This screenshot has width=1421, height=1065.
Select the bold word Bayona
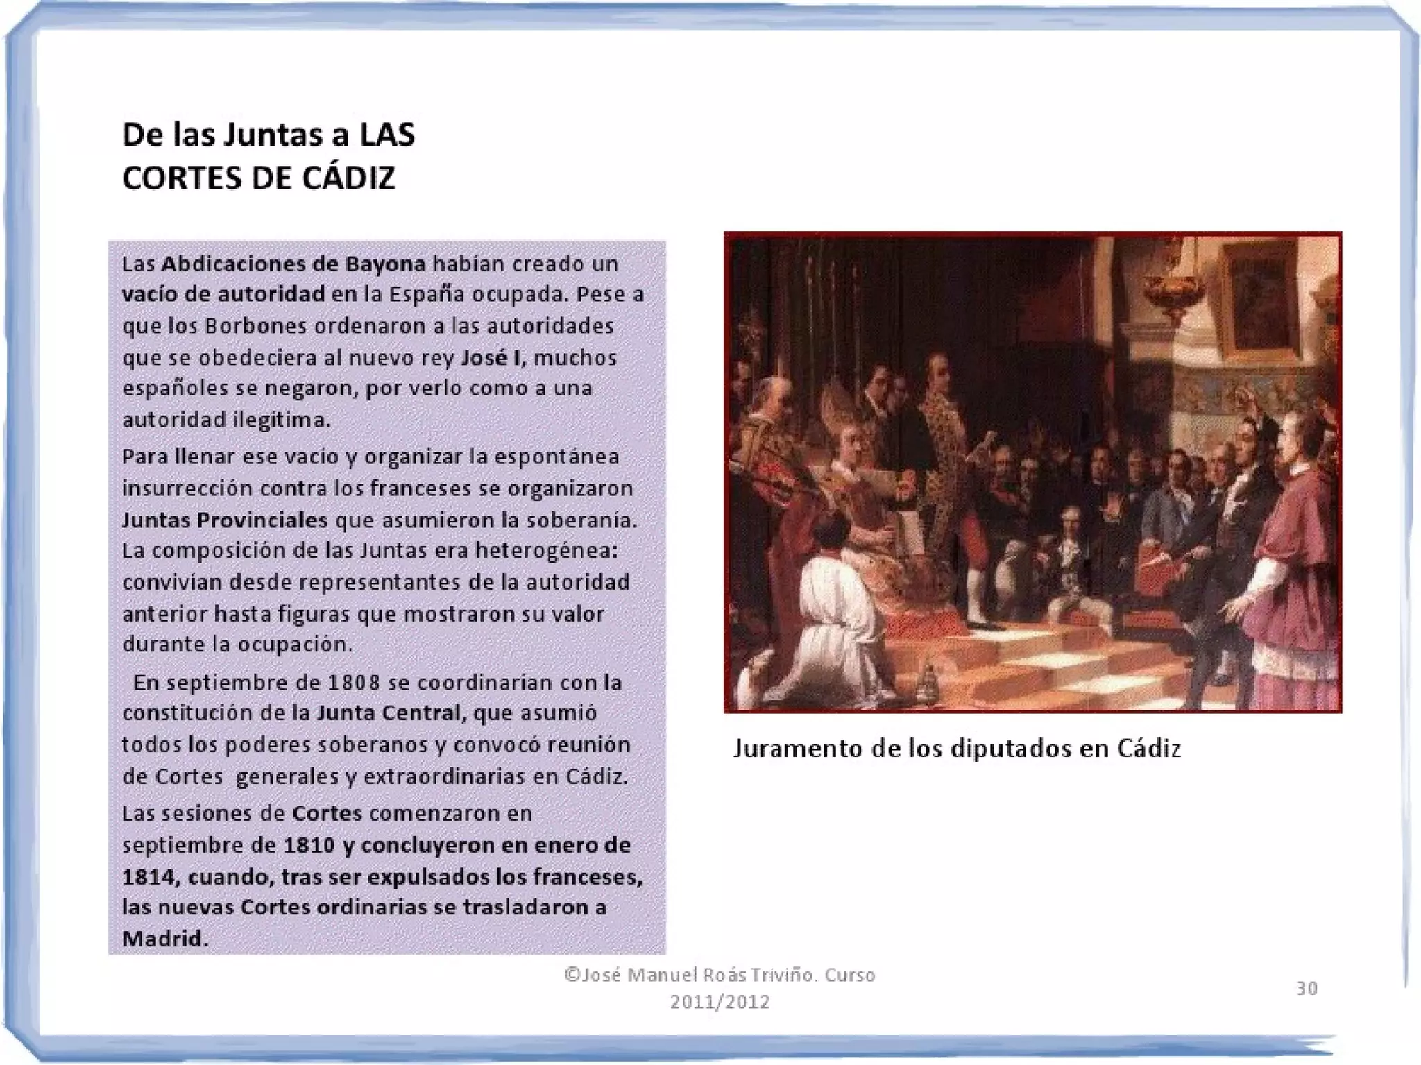point(385,264)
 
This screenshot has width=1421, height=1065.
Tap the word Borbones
point(255,326)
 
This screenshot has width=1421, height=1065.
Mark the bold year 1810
point(311,846)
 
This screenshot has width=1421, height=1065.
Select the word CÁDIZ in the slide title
point(349,178)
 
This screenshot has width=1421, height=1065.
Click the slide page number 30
point(1307,988)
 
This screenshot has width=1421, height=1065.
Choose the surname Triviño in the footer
point(768,975)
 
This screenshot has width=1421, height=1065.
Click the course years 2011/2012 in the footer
point(720,1002)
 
